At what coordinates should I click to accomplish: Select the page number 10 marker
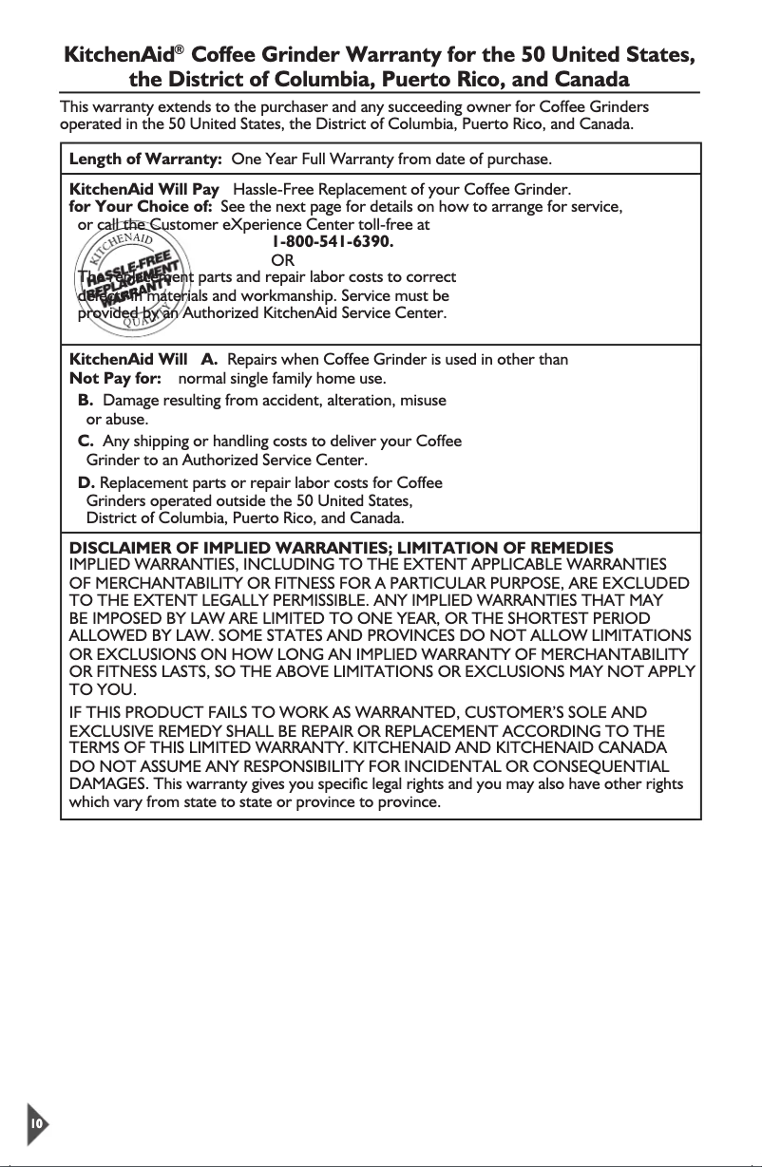tap(36, 1123)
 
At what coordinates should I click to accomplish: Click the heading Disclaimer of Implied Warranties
tap(242, 548)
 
